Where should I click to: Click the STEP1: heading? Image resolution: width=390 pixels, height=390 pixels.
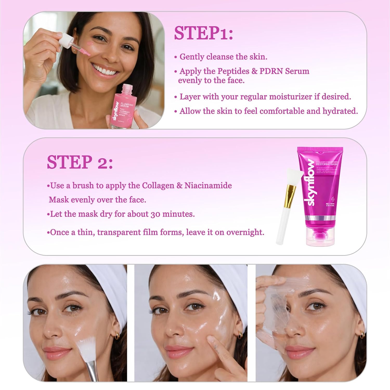click(203, 33)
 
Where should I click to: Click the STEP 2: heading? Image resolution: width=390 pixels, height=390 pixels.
click(80, 162)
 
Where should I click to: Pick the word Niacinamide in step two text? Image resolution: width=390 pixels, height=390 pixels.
click(208, 186)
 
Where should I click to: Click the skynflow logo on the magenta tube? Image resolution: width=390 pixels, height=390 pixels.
click(311, 182)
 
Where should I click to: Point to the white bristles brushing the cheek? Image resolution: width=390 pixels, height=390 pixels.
click(86, 348)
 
